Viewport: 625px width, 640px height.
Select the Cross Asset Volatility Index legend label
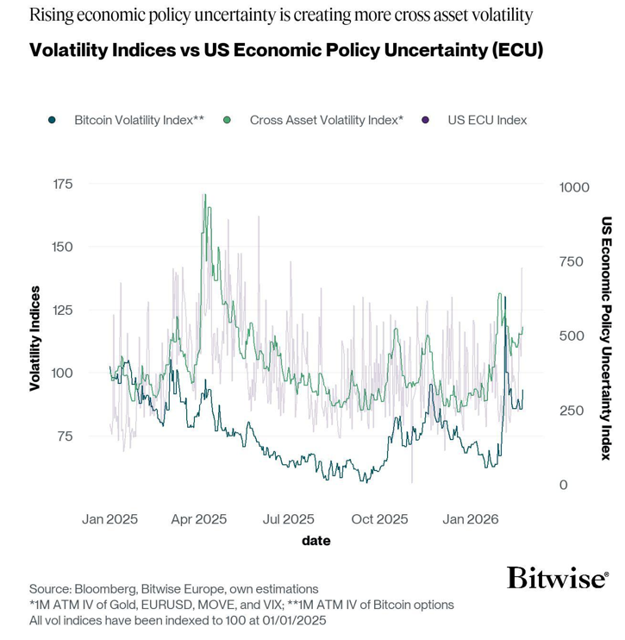tap(326, 120)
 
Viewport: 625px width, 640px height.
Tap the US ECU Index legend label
tap(486, 120)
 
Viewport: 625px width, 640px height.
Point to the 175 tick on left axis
tap(63, 185)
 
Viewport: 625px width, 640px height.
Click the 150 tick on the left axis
tap(63, 247)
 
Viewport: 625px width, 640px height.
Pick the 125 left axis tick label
tap(63, 310)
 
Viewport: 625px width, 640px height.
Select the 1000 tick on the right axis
tap(574, 187)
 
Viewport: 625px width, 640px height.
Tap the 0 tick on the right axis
tap(564, 485)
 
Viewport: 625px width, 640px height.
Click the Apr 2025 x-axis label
tap(198, 519)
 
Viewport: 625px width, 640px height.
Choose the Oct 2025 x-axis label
tap(379, 519)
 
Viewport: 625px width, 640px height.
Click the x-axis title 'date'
tap(316, 541)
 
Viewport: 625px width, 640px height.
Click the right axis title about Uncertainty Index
tap(606, 336)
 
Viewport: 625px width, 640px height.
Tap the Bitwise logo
tap(557, 577)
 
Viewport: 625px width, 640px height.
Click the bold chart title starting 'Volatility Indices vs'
tap(286, 51)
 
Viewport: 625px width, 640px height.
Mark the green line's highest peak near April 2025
tap(204, 195)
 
